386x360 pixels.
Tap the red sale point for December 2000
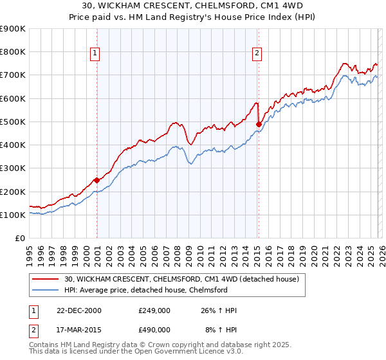click(x=96, y=180)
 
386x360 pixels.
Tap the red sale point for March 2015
click(x=258, y=124)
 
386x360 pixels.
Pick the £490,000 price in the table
click(x=154, y=329)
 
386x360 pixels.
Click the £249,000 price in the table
click(x=154, y=310)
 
